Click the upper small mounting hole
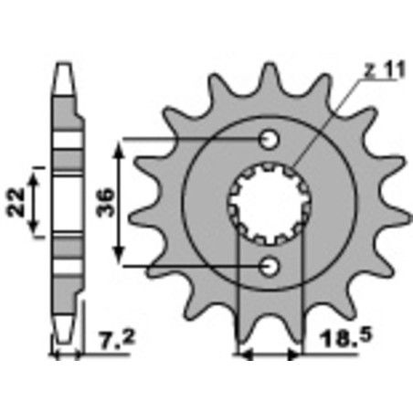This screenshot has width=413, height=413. (x=269, y=140)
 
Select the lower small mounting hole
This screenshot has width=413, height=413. (x=269, y=266)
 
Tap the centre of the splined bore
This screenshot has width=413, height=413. (x=269, y=203)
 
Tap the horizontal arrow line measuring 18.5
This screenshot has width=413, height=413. (x=269, y=354)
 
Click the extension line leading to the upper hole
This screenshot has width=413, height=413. (x=192, y=140)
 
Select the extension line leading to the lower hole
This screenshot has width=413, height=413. (x=192, y=266)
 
